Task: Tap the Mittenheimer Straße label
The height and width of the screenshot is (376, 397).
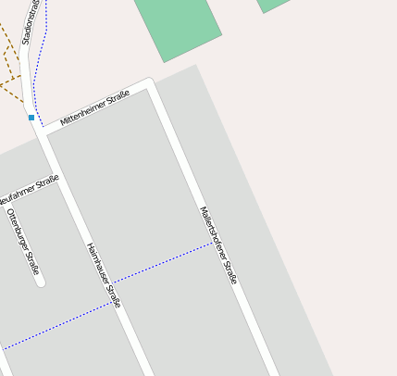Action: click(x=94, y=109)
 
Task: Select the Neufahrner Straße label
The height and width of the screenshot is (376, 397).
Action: click(x=28, y=191)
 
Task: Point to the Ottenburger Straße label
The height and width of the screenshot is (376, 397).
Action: click(x=23, y=242)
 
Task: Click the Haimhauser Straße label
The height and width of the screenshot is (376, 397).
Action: click(x=104, y=275)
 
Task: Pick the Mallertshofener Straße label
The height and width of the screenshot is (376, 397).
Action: click(x=219, y=244)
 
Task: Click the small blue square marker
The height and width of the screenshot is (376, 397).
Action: click(x=31, y=118)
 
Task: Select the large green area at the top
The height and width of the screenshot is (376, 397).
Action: click(x=178, y=25)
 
